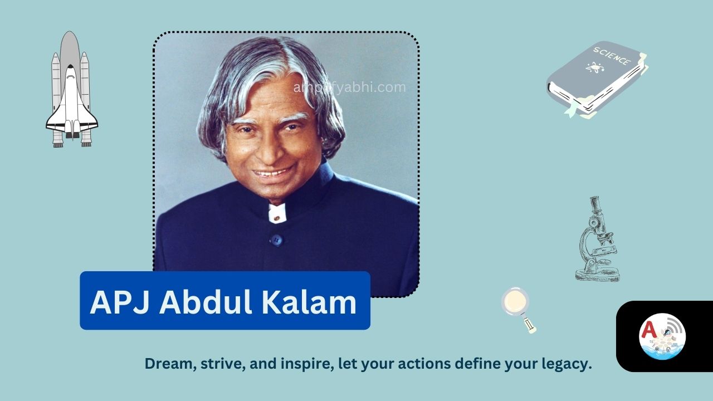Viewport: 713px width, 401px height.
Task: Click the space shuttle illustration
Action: pyautogui.click(x=71, y=92)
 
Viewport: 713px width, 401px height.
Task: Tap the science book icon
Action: pyautogui.click(x=596, y=78)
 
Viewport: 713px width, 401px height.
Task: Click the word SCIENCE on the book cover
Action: pyautogui.click(x=612, y=56)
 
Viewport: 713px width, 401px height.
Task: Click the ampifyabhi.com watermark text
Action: pyautogui.click(x=350, y=87)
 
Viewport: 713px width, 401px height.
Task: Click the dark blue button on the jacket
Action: pyautogui.click(x=275, y=240)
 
